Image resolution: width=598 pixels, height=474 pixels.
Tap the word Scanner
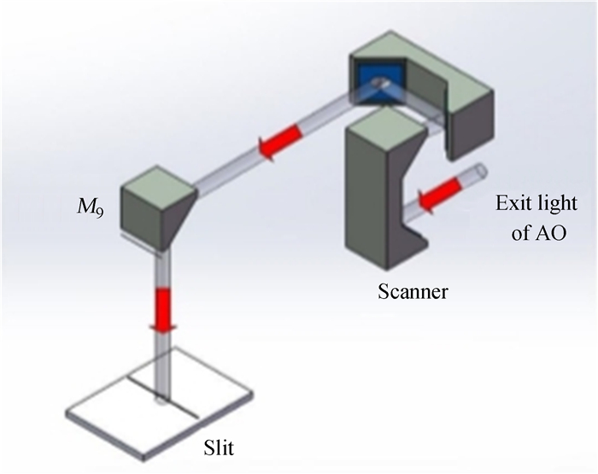[413, 293]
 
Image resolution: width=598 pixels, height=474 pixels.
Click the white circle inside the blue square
[380, 84]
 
